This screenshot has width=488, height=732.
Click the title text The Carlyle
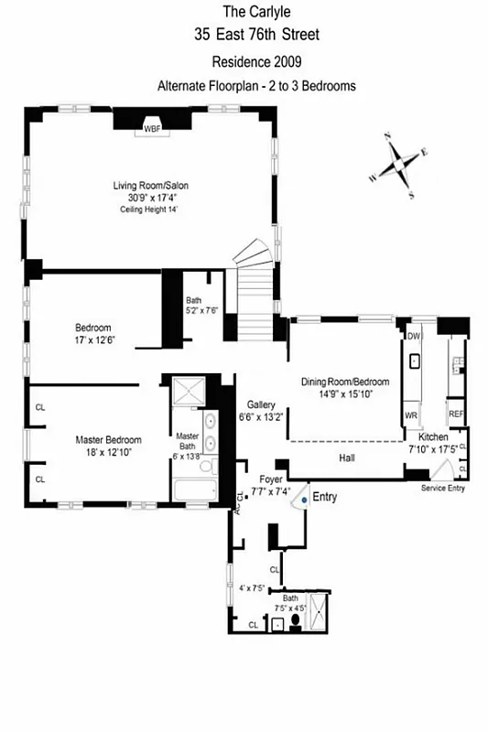coord(256,12)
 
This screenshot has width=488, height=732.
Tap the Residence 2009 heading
coord(256,62)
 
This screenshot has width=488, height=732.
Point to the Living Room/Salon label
coord(149,185)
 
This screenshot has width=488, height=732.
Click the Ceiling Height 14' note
coord(148,210)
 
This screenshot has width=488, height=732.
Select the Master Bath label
coord(188,442)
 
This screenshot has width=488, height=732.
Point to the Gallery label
coord(262,404)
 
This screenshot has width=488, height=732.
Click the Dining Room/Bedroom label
coord(345,382)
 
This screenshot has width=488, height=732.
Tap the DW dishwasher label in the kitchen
coord(413,336)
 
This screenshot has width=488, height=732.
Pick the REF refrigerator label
coord(456,414)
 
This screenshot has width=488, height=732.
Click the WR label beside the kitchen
coord(411,414)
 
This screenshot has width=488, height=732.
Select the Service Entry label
coord(443,489)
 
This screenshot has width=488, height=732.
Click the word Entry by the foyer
coord(325,498)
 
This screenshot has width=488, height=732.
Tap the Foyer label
coord(271,479)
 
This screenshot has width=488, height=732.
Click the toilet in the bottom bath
coord(296,624)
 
